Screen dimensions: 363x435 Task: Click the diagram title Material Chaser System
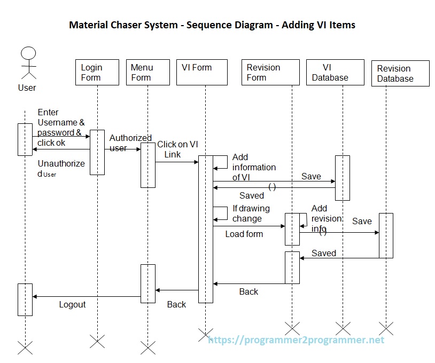point(212,25)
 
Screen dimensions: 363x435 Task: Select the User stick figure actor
point(27,64)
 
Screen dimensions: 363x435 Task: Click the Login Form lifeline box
point(98,73)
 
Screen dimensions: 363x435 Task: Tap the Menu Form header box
point(148,73)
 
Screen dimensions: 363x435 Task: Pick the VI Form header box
point(201,73)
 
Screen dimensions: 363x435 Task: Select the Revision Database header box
point(400,74)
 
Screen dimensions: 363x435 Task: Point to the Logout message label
point(72,304)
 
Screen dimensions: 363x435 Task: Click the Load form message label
point(244,234)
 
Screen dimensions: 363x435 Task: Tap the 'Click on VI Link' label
point(177,149)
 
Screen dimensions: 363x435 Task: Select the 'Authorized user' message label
point(130,143)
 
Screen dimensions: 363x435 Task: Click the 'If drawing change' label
point(251,213)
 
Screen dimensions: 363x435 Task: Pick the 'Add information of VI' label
point(254,167)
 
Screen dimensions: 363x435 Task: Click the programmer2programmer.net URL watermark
point(296,340)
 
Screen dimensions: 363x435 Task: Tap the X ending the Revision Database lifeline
point(385,328)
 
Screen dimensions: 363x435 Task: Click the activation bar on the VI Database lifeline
point(343,177)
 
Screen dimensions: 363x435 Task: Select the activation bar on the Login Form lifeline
point(97,152)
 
